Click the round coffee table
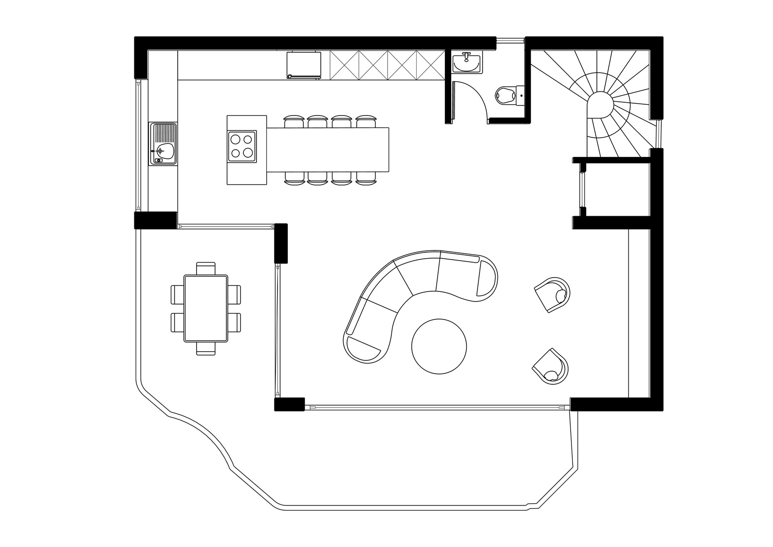[439, 346]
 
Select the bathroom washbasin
[467, 63]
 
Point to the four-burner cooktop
[242, 146]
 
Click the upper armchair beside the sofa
[553, 294]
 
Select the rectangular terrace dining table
[206, 308]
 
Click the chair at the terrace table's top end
[206, 268]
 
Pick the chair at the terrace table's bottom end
[206, 348]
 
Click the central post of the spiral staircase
[600, 105]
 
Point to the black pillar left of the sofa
[281, 243]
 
